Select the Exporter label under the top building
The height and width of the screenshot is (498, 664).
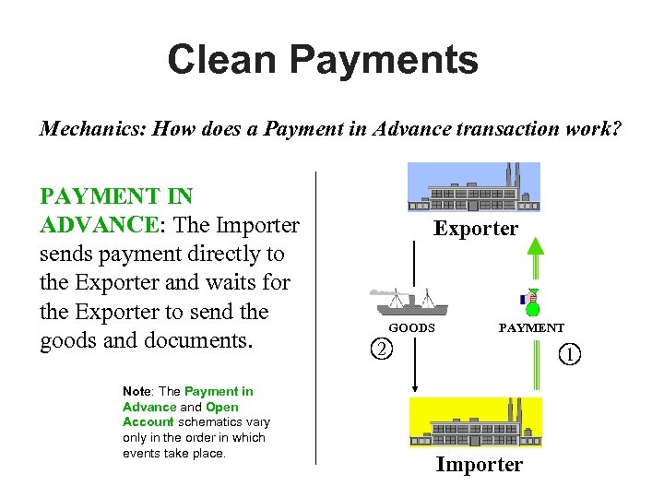click(x=476, y=229)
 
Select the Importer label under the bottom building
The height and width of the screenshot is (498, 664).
click(x=479, y=465)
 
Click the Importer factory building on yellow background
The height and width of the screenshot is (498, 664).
click(x=475, y=422)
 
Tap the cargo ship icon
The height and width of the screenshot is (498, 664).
click(x=409, y=302)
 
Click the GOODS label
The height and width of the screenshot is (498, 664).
click(x=411, y=327)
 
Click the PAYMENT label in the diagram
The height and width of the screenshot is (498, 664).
click(x=531, y=327)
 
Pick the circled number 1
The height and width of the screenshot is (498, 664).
click(x=572, y=352)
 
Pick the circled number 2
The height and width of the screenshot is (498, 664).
click(x=380, y=349)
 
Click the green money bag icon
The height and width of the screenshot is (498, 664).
click(x=531, y=303)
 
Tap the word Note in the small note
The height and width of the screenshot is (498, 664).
click(x=136, y=392)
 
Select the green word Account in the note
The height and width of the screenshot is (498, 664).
click(x=148, y=422)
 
